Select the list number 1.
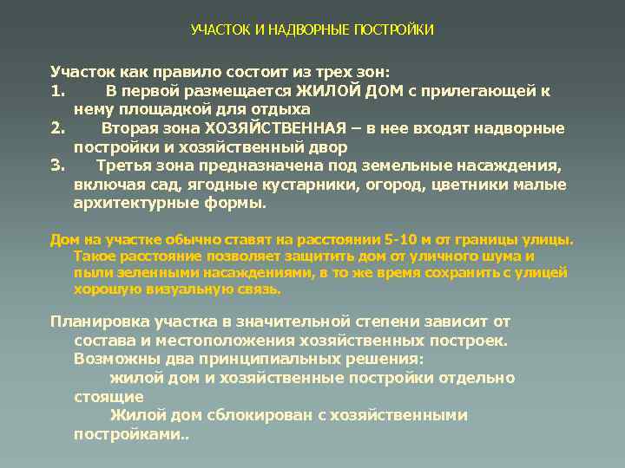point(56,90)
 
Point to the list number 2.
point(57,128)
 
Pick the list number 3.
point(57,166)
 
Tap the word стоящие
point(102,397)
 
